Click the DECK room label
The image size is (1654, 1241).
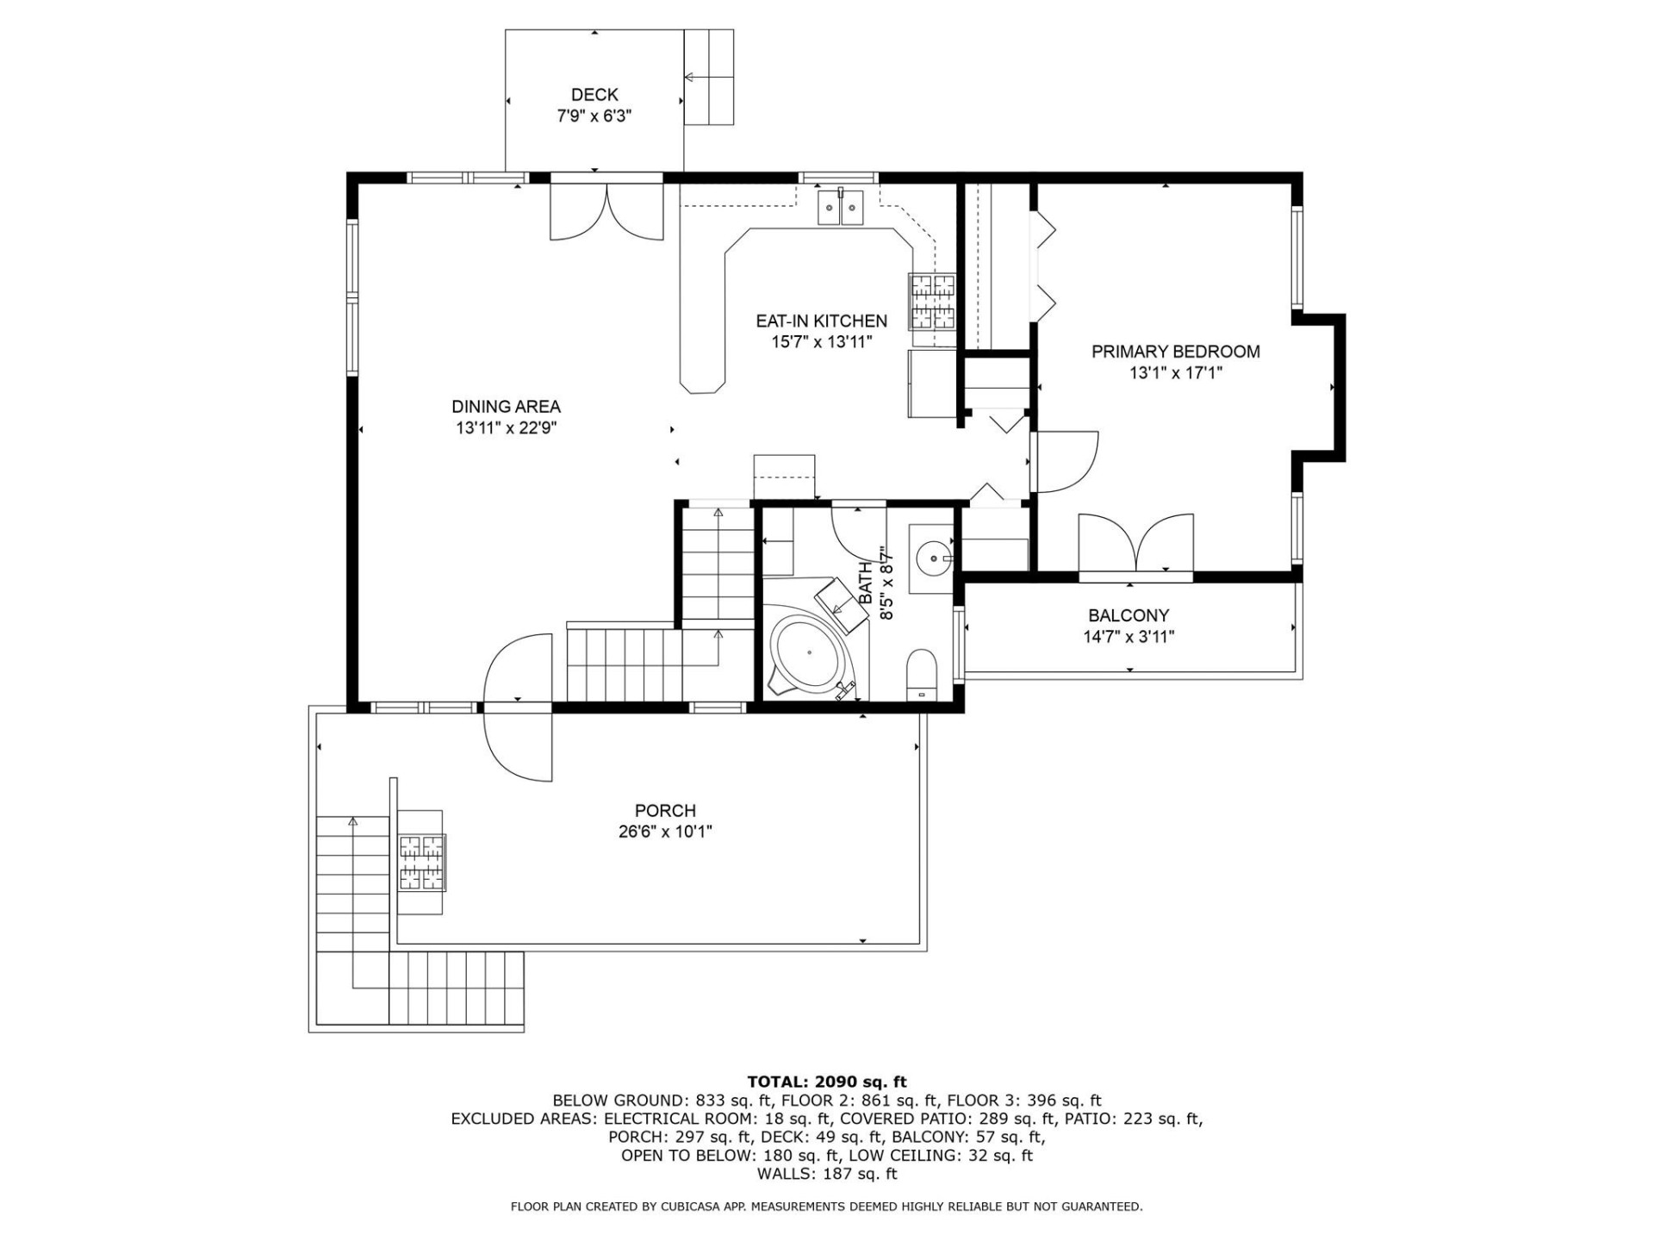[594, 95]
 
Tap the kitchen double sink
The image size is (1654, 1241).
[841, 208]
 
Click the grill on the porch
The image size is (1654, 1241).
[422, 863]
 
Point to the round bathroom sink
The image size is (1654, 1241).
[932, 558]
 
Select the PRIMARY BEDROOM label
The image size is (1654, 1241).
[1175, 352]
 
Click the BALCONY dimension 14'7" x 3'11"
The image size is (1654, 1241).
[1129, 637]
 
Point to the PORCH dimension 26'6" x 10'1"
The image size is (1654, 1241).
[665, 832]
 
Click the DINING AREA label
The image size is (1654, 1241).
[506, 407]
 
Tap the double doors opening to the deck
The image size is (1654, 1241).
[607, 211]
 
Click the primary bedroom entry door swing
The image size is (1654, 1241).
[1066, 461]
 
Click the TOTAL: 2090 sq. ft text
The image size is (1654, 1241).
[826, 1082]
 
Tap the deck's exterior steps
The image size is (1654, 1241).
[709, 78]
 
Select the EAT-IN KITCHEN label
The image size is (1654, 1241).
[821, 321]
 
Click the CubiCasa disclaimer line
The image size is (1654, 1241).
[826, 1207]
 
